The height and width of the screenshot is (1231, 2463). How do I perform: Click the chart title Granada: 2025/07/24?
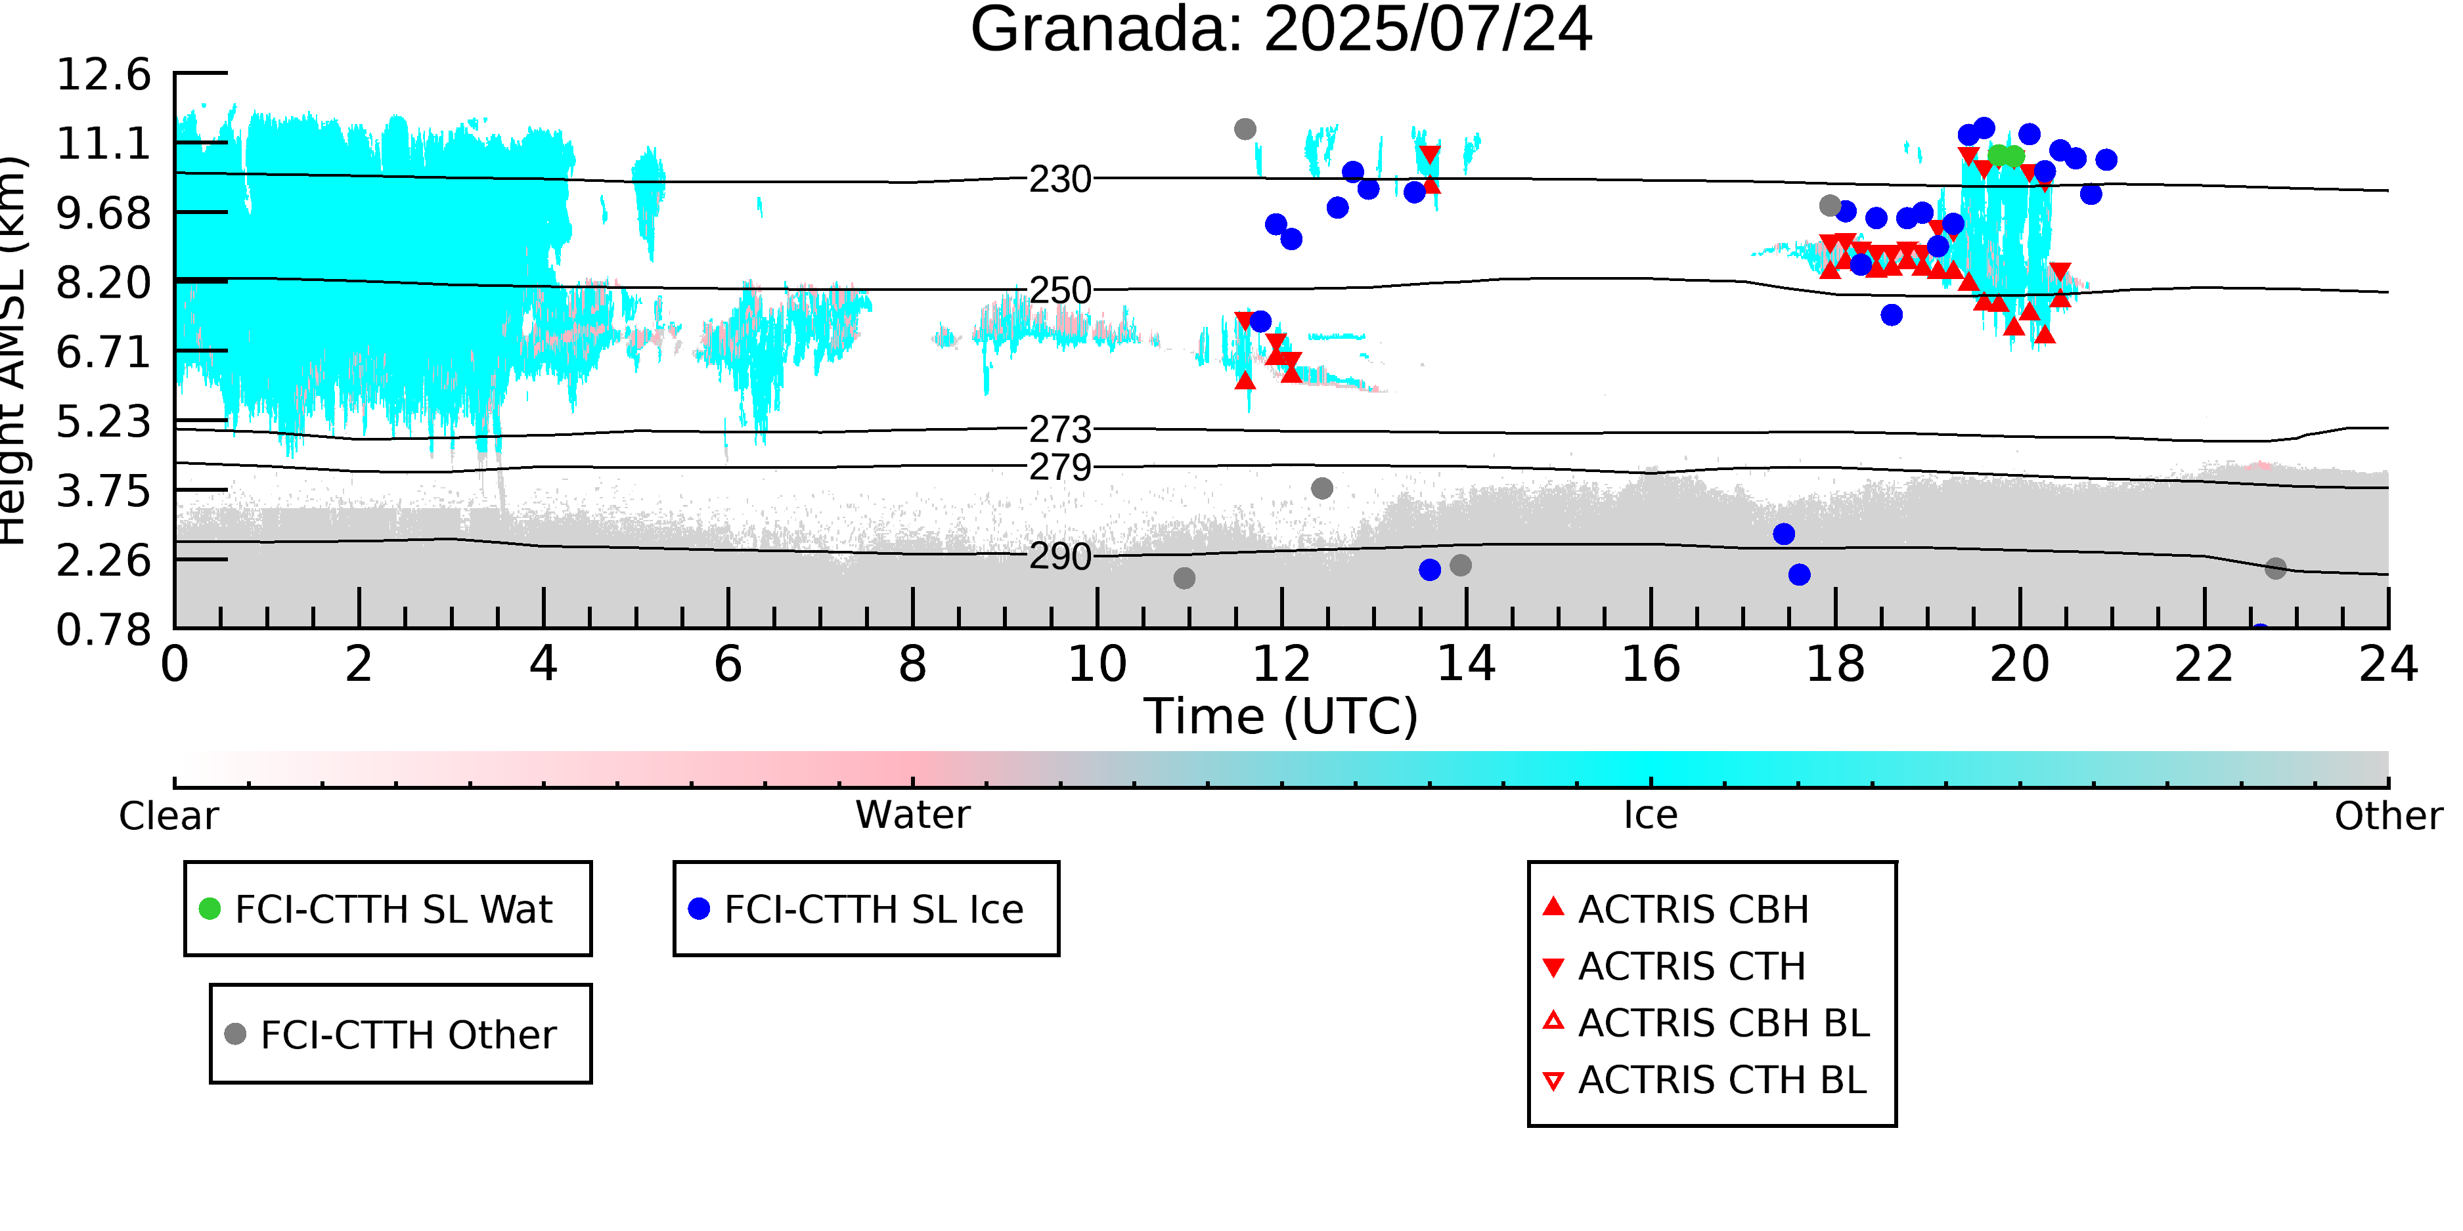coord(1281,31)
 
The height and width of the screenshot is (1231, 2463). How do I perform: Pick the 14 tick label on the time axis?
coord(1466,664)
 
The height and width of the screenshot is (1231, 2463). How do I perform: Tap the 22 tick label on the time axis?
coord(2204,664)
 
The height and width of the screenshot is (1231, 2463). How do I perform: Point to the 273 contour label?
coord(1060,430)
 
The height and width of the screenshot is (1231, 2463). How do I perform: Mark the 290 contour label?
coord(1060,556)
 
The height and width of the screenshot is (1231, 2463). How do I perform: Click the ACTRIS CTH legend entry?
coord(1674,966)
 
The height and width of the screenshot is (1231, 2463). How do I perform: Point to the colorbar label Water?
coord(913,815)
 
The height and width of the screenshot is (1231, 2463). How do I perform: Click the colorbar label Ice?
coord(1651,815)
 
